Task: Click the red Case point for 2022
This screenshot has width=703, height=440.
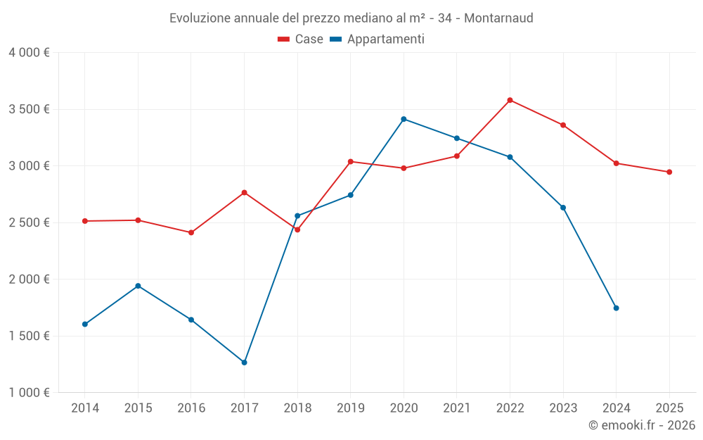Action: (x=510, y=100)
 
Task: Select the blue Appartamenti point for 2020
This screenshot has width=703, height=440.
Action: (x=404, y=119)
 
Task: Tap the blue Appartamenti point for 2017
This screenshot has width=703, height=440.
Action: (x=244, y=363)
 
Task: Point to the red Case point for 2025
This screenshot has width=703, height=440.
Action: (x=669, y=172)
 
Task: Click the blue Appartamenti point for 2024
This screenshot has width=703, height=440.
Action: (x=616, y=308)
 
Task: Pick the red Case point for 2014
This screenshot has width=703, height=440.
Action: (x=85, y=221)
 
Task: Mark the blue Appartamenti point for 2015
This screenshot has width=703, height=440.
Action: (x=138, y=286)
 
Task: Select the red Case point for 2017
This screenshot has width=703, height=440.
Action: (x=244, y=192)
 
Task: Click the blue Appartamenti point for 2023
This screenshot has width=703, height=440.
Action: (x=563, y=208)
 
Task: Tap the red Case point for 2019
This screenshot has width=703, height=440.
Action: (x=350, y=162)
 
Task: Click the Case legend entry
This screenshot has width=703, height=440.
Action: (x=301, y=39)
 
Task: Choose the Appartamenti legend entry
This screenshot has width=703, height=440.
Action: (x=378, y=39)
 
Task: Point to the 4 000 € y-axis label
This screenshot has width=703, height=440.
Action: (x=29, y=53)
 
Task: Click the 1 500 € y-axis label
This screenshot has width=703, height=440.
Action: (x=29, y=336)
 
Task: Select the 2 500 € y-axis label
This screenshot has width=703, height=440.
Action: (x=29, y=222)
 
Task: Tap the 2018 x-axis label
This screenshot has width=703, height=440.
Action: (x=297, y=408)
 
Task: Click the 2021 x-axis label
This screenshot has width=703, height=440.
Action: (x=457, y=408)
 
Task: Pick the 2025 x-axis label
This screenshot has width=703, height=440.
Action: (x=669, y=408)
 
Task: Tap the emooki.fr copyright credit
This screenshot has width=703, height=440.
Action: (x=642, y=425)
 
